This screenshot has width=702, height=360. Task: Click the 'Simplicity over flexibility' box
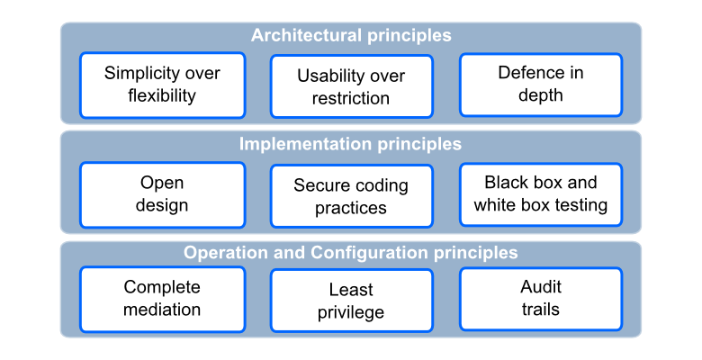coord(163,85)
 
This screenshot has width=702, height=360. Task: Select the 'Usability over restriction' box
coord(351,86)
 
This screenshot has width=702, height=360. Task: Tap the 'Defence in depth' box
coord(541,85)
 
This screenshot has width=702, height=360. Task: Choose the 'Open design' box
coord(163,194)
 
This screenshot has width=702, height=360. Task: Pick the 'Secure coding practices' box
coord(351,196)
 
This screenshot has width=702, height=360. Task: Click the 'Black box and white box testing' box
coord(541,194)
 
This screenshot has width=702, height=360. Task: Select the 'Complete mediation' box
coord(163,299)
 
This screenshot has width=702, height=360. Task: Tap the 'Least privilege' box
coord(351,301)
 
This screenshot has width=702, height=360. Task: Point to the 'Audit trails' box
coord(541,299)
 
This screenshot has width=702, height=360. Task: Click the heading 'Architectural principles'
coord(351,35)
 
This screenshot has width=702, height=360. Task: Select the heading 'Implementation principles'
coord(350,144)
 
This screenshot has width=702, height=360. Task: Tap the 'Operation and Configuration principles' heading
coord(351,253)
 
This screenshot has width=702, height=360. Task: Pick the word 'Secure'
coord(319,185)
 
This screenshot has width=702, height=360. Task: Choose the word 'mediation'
coord(162,310)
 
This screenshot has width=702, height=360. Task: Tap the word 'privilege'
coord(351,313)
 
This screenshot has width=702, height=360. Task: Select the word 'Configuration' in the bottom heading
coord(369,254)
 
